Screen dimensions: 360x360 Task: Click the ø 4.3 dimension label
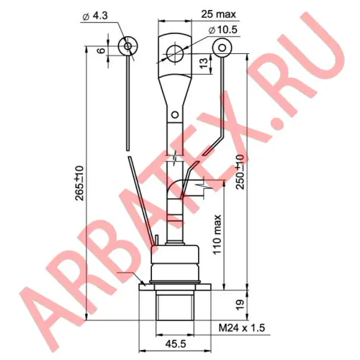click(95, 16)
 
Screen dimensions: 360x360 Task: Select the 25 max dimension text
click(218, 14)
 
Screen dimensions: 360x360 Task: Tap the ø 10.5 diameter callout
click(223, 30)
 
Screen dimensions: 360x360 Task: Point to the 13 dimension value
click(204, 63)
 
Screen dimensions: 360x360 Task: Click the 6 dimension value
click(102, 50)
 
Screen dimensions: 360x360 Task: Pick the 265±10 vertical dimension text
click(79, 183)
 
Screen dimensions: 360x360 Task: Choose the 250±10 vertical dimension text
click(239, 172)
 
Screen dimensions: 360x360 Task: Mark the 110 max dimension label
click(217, 235)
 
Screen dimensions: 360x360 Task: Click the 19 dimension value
click(240, 305)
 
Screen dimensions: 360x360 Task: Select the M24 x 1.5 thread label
click(242, 328)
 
